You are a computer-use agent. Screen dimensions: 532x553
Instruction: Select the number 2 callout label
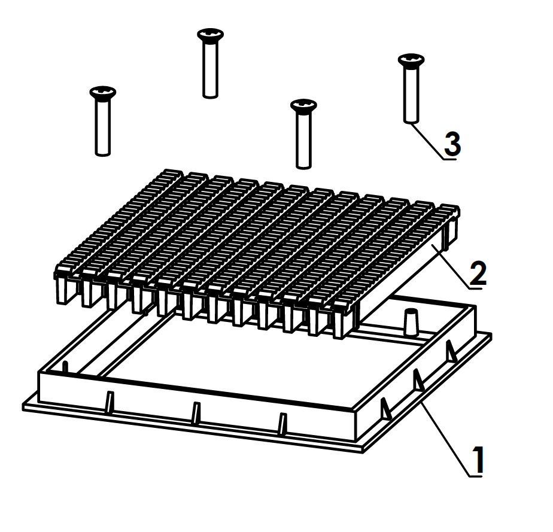(478, 273)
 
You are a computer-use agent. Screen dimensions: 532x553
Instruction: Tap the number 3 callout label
(452, 144)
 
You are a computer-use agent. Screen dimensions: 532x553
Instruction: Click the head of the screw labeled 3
(411, 59)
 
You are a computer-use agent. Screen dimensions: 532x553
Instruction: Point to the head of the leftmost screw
(102, 92)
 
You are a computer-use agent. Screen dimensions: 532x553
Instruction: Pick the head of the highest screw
(210, 35)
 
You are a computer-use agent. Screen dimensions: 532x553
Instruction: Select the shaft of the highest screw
(210, 69)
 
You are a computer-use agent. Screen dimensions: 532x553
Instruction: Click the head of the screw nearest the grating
(303, 105)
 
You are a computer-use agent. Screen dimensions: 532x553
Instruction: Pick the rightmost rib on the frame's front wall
(282, 422)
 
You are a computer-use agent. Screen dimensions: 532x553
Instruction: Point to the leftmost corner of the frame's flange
(24, 407)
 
